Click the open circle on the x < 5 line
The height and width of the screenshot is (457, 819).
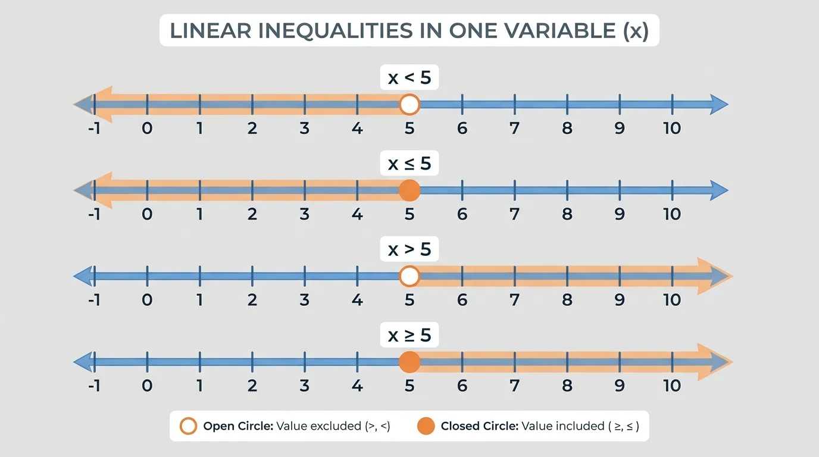409,105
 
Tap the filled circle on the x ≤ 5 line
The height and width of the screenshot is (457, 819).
409,190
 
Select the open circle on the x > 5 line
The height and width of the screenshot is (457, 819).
409,276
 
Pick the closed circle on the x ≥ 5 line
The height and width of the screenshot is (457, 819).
409,362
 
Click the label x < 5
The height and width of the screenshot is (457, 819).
409,78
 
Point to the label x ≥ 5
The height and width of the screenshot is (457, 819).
409,335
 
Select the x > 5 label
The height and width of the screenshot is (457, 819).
409,249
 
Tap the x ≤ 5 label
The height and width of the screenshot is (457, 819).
409,164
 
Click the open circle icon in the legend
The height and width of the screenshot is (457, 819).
189,426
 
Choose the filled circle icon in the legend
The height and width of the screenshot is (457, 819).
426,426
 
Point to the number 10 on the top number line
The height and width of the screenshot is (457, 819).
672,128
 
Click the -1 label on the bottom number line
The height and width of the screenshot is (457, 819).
93,386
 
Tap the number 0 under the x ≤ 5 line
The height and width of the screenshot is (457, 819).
147,214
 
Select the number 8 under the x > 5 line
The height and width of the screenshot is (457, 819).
567,300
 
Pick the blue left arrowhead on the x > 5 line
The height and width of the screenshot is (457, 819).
82,276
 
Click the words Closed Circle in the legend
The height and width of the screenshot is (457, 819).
479,426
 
